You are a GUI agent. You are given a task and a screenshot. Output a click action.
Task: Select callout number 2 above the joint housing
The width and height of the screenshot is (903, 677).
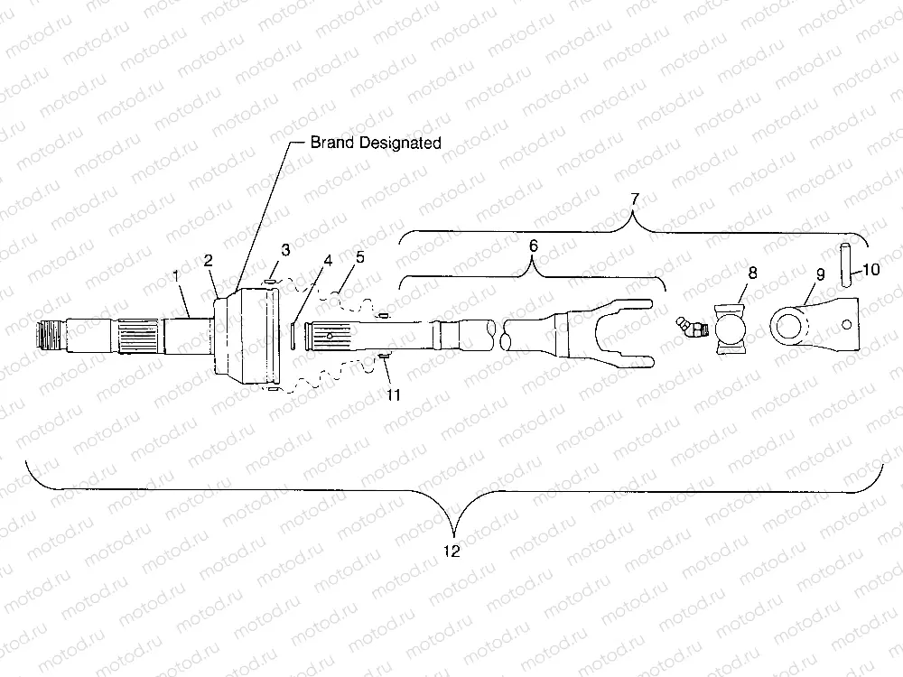pos(209,261)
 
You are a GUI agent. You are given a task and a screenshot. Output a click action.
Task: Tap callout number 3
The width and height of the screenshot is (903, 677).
pos(285,250)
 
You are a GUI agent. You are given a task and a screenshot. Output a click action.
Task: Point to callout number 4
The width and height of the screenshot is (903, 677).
pos(328,261)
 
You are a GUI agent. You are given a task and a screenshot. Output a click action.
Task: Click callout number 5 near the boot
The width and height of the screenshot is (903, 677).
pos(360,257)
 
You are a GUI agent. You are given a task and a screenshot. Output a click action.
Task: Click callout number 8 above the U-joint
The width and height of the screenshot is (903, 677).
pos(752,273)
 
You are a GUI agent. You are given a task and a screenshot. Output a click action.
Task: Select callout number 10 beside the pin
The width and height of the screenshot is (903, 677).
pos(872,268)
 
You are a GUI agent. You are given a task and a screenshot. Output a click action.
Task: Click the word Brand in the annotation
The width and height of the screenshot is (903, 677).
pos(333,143)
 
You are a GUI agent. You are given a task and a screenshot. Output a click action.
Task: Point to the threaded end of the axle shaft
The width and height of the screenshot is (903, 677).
pos(50,338)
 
